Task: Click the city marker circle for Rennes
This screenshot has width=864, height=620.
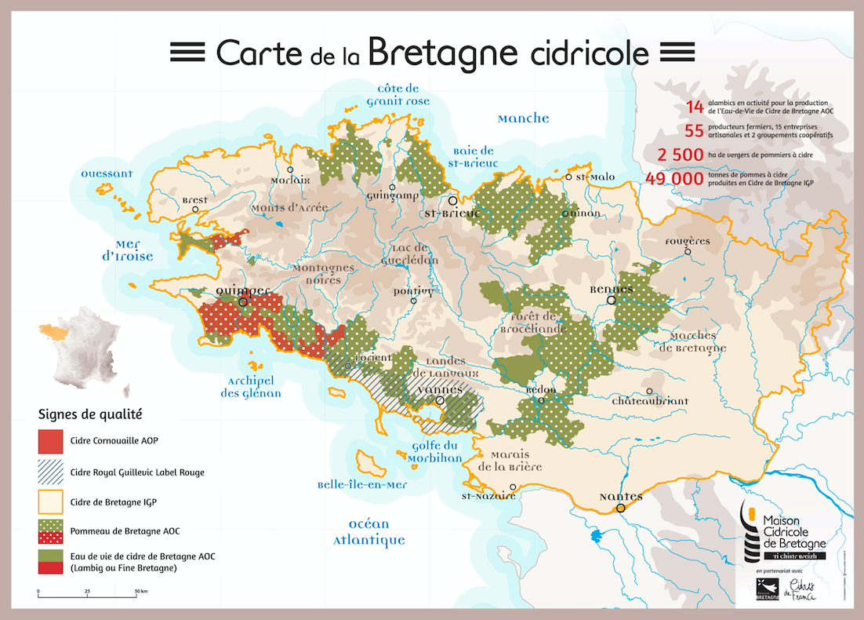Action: pyautogui.click(x=610, y=299)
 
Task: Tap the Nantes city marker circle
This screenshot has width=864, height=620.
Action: pyautogui.click(x=620, y=508)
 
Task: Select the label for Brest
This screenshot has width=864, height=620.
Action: pyautogui.click(x=194, y=200)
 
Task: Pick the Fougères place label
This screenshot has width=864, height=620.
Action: pyautogui.click(x=687, y=241)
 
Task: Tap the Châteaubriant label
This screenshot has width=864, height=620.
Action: pyautogui.click(x=650, y=401)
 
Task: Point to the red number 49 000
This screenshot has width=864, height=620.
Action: pyautogui.click(x=673, y=179)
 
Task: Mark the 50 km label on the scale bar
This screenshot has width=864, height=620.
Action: pyautogui.click(x=141, y=590)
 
